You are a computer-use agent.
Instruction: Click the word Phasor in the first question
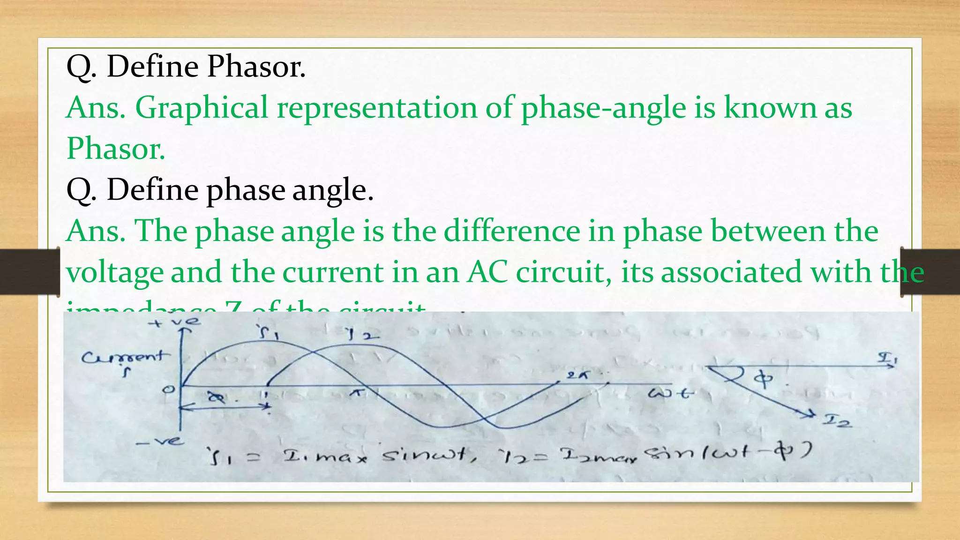pos(256,67)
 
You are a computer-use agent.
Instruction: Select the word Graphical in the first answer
pos(202,108)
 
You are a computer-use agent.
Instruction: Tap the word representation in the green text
pos(376,108)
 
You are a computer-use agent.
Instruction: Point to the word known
pos(770,108)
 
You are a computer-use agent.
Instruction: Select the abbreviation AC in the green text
pos(487,272)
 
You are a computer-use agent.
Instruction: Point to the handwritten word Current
pos(123,357)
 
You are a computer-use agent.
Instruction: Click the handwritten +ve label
pos(174,322)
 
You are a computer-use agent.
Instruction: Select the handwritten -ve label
pos(160,442)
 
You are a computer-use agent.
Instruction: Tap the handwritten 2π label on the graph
pos(577,375)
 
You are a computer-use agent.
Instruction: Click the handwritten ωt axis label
pos(669,393)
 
